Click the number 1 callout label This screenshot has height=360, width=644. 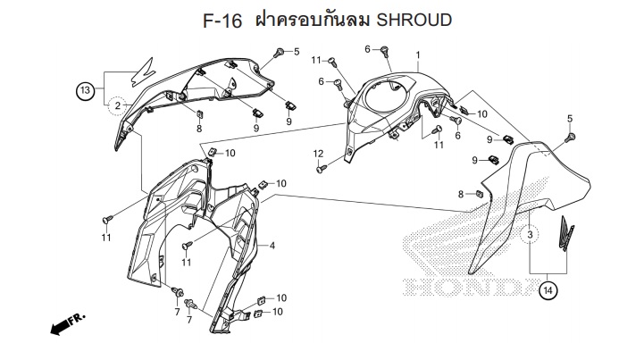418,55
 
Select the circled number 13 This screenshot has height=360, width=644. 85,90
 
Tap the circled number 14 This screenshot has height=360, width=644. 548,291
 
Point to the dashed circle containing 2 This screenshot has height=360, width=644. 118,105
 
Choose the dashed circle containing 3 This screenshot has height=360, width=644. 530,235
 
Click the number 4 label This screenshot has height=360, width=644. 272,246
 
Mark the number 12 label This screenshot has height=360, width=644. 318,154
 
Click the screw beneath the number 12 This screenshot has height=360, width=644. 322,168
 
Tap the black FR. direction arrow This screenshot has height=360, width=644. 68,323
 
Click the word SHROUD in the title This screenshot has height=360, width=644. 414,20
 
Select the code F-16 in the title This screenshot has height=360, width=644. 222,21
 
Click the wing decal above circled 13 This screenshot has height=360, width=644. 143,72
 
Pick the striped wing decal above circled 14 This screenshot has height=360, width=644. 566,233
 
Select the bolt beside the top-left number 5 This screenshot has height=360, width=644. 280,53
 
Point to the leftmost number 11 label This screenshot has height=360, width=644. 106,238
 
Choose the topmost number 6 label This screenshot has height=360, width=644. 368,49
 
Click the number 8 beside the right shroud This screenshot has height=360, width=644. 461,195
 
